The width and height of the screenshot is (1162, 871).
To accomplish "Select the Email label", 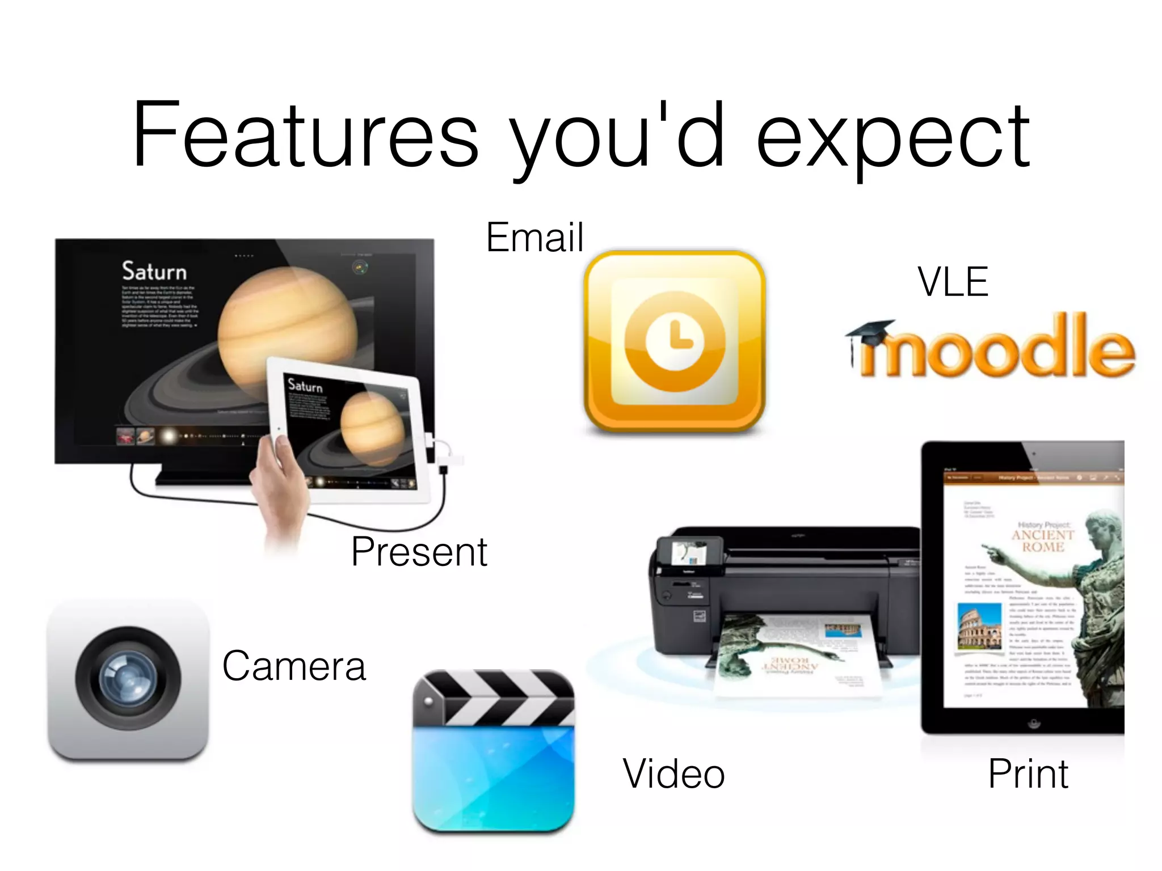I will (x=534, y=237).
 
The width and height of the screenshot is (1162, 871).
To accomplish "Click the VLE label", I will (x=953, y=282).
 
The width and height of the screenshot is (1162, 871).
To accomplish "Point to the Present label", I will (x=419, y=551).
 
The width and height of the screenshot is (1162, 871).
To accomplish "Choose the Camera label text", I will (x=294, y=666).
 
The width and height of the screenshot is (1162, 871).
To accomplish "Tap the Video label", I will (x=674, y=773).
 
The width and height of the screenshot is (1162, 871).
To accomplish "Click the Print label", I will (x=1028, y=773).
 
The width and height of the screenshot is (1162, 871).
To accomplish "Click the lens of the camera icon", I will (x=128, y=679).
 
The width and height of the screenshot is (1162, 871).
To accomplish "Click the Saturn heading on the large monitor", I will (x=154, y=271).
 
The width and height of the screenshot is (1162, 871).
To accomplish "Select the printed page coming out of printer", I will (x=794, y=658).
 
